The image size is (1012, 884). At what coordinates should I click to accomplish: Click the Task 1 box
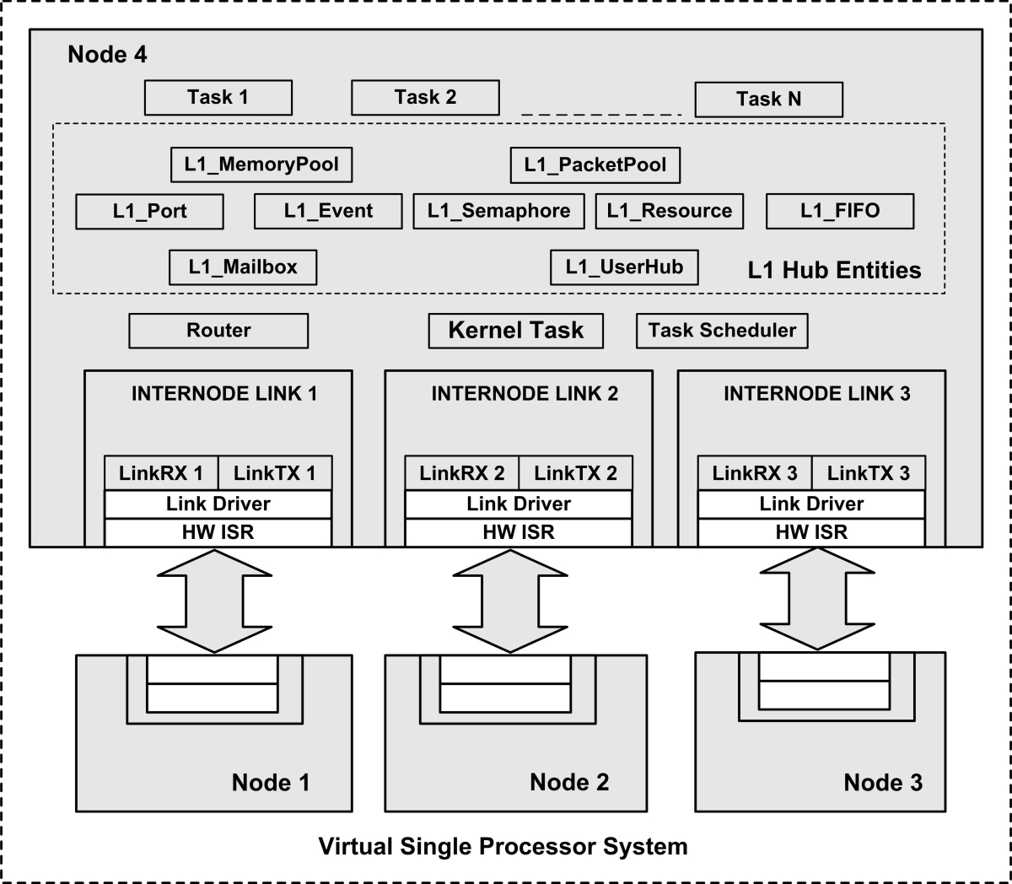pos(218,98)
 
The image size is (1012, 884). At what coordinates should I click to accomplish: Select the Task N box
pos(768,100)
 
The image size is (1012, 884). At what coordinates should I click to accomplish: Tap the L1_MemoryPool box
pos(261,164)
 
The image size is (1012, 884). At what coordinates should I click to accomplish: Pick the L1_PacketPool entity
pos(595,165)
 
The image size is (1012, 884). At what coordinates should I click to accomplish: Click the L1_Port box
pos(149,212)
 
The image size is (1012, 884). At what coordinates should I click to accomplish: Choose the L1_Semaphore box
pos(498,212)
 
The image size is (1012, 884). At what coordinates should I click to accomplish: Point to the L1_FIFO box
pos(839,212)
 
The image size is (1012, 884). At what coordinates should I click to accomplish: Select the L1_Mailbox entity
pos(243,267)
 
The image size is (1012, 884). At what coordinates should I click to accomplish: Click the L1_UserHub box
pos(624,267)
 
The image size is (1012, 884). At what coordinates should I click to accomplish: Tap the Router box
pos(218,331)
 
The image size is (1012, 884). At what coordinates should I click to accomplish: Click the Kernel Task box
pos(515,331)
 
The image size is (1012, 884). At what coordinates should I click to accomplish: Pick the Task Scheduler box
pos(722,331)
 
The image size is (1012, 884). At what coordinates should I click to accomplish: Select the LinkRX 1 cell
pos(161,473)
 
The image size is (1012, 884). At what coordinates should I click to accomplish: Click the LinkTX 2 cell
pos(575,473)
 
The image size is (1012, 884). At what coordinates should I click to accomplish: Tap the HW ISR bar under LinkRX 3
pos(811,532)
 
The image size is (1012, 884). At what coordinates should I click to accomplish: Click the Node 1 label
pos(270,783)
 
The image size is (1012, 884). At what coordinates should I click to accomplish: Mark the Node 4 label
pos(107,55)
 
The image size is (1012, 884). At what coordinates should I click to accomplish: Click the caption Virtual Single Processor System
pos(503,846)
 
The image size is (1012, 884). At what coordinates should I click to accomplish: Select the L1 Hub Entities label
pos(834,271)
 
